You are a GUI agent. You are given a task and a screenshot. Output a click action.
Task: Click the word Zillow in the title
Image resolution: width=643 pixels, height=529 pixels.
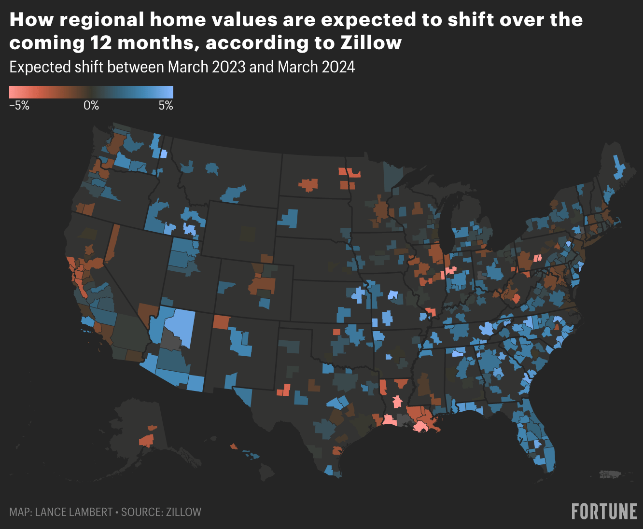click(371, 43)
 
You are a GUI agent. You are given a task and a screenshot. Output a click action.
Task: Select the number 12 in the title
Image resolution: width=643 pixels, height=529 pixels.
click(101, 43)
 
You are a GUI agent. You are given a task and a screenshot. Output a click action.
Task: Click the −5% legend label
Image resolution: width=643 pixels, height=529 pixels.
click(19, 106)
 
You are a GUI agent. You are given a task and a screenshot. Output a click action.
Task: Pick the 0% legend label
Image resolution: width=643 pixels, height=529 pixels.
click(91, 106)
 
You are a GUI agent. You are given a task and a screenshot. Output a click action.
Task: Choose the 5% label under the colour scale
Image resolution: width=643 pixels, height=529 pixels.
click(166, 106)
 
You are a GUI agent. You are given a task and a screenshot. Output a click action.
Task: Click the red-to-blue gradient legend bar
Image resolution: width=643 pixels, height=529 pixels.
click(91, 92)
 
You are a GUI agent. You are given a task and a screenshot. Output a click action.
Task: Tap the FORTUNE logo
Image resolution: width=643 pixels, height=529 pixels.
click(604, 511)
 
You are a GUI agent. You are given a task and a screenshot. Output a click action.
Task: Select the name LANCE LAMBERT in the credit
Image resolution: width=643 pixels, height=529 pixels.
click(73, 512)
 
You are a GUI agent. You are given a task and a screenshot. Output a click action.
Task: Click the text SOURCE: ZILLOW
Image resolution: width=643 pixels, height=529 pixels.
click(161, 512)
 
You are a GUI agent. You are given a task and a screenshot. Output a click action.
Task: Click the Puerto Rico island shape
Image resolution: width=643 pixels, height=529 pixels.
click(613, 475)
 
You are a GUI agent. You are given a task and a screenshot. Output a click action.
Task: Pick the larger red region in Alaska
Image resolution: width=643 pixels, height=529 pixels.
click(146, 440)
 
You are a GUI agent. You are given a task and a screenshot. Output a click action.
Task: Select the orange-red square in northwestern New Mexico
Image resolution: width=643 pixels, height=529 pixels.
click(221, 321)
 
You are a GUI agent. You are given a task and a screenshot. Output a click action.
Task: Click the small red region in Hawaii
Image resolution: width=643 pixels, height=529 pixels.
click(234, 446)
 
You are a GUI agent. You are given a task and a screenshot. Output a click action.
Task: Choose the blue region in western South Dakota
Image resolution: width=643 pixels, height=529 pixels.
click(289, 218)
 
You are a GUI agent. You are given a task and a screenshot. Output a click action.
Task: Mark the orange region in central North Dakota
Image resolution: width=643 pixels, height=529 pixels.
click(308, 184)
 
